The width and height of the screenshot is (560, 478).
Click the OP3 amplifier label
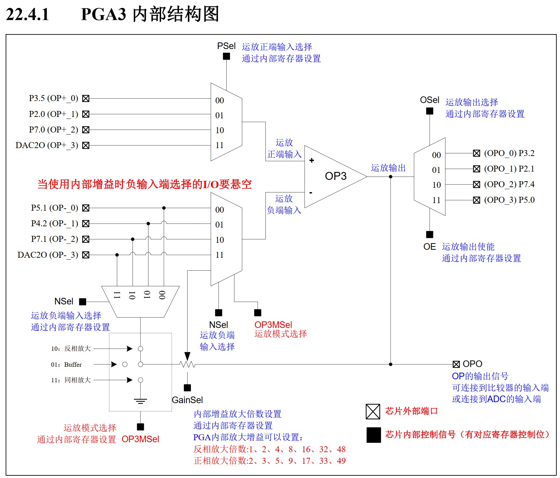tap(335, 176)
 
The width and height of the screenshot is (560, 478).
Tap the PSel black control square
tap(226, 56)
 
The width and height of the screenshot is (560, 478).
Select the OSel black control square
tap(429, 111)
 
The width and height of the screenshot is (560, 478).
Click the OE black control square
tap(429, 235)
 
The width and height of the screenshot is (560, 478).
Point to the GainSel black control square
tap(187, 388)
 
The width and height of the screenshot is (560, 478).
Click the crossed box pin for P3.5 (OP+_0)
tap(86, 98)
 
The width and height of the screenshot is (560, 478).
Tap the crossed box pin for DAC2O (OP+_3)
tap(86, 145)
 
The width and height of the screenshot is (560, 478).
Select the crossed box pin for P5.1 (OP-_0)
tap(86, 208)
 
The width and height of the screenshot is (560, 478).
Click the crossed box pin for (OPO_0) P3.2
tap(476, 153)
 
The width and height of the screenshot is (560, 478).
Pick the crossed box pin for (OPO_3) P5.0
tap(476, 200)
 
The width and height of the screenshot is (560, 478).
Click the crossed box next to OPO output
tap(456, 364)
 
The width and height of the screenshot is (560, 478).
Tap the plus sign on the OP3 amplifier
tap(311, 160)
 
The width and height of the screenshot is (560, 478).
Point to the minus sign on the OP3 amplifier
tap(311, 192)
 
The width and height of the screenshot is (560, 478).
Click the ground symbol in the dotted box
tap(140, 401)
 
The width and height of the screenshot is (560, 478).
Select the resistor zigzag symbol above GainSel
tap(187, 364)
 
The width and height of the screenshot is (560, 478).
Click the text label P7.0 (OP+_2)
tap(53, 130)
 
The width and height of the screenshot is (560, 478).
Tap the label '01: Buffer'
tap(66, 364)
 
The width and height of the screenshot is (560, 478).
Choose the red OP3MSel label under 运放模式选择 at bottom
tap(140, 439)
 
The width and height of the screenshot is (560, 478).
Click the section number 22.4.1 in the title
tap(28, 15)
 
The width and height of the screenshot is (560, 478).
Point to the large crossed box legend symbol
tap(373, 411)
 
